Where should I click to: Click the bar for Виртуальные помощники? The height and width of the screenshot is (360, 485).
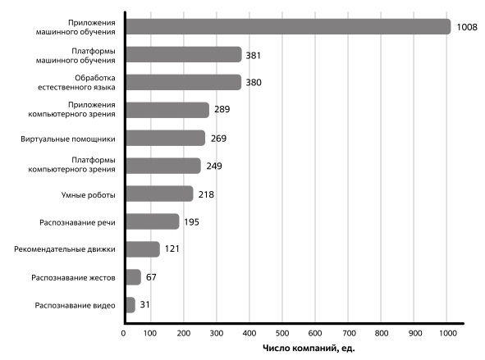click(166, 138)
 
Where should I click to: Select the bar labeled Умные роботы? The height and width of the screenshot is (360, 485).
click(159, 194)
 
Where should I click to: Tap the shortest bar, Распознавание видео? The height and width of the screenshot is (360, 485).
click(130, 305)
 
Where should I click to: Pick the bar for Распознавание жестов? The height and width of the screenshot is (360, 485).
click(134, 277)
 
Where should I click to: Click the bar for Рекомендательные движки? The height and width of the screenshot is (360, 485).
click(143, 249)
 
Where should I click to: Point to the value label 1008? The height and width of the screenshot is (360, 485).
click(467, 27)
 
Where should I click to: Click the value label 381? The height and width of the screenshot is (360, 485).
click(253, 56)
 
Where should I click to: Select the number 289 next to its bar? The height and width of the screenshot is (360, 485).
click(222, 109)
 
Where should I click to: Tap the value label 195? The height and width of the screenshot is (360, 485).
click(191, 222)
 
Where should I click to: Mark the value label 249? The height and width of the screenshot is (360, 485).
click(214, 166)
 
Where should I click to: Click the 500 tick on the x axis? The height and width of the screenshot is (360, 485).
click(282, 333)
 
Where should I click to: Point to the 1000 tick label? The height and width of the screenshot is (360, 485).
click(446, 333)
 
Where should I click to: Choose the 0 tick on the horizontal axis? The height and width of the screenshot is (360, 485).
click(123, 333)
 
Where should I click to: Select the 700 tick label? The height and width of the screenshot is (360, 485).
click(348, 333)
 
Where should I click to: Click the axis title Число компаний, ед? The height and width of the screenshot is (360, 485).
click(309, 349)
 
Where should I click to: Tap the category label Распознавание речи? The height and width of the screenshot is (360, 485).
click(77, 223)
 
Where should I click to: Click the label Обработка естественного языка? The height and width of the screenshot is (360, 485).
click(76, 83)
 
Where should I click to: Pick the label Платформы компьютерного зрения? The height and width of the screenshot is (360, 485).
click(71, 165)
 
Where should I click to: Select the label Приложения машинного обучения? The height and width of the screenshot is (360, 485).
click(75, 27)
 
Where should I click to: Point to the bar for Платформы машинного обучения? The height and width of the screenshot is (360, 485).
click(184, 54)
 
